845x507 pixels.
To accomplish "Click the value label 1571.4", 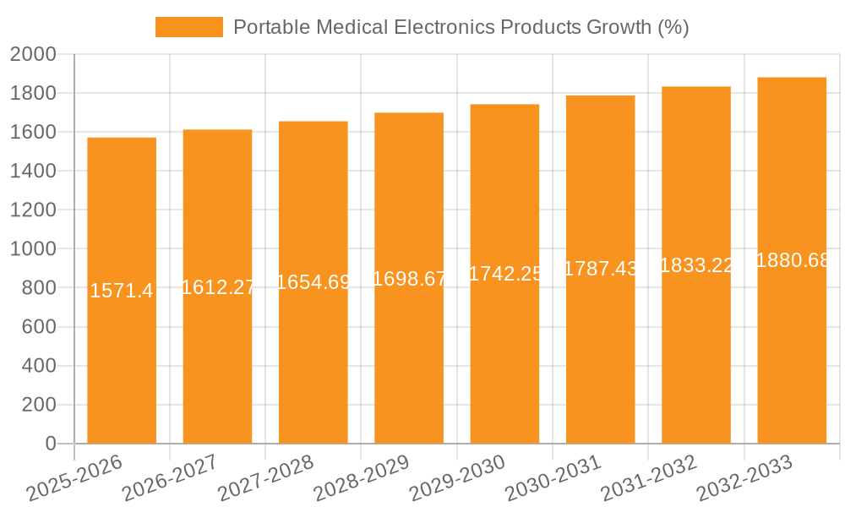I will [122, 292].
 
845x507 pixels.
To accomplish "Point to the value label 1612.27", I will [218, 287].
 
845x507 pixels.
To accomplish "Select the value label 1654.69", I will [313, 282].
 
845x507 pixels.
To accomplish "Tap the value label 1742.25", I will [504, 274].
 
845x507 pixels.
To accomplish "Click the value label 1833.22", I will [696, 265].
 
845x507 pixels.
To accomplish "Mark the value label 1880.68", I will [793, 260].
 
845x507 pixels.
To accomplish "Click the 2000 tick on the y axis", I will [33, 55].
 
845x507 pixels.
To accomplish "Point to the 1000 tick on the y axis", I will [33, 249].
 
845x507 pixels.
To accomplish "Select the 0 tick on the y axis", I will [50, 444].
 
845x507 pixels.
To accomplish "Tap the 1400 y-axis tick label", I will [33, 172].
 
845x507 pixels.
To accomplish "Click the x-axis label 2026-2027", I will [169, 478].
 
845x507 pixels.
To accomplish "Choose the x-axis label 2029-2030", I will [456, 478].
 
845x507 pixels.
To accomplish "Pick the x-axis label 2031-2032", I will [648, 478].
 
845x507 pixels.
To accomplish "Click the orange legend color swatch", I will [188, 27].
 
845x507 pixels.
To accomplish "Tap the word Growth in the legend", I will [619, 27].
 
